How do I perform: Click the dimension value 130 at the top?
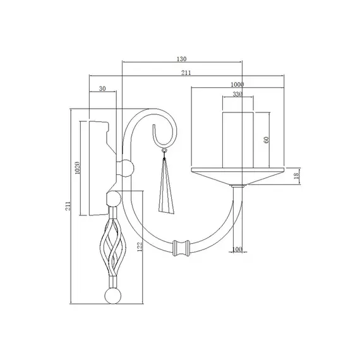click(x=182, y=58)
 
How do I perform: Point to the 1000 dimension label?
click(x=237, y=84)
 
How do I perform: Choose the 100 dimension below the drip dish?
click(x=237, y=249)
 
